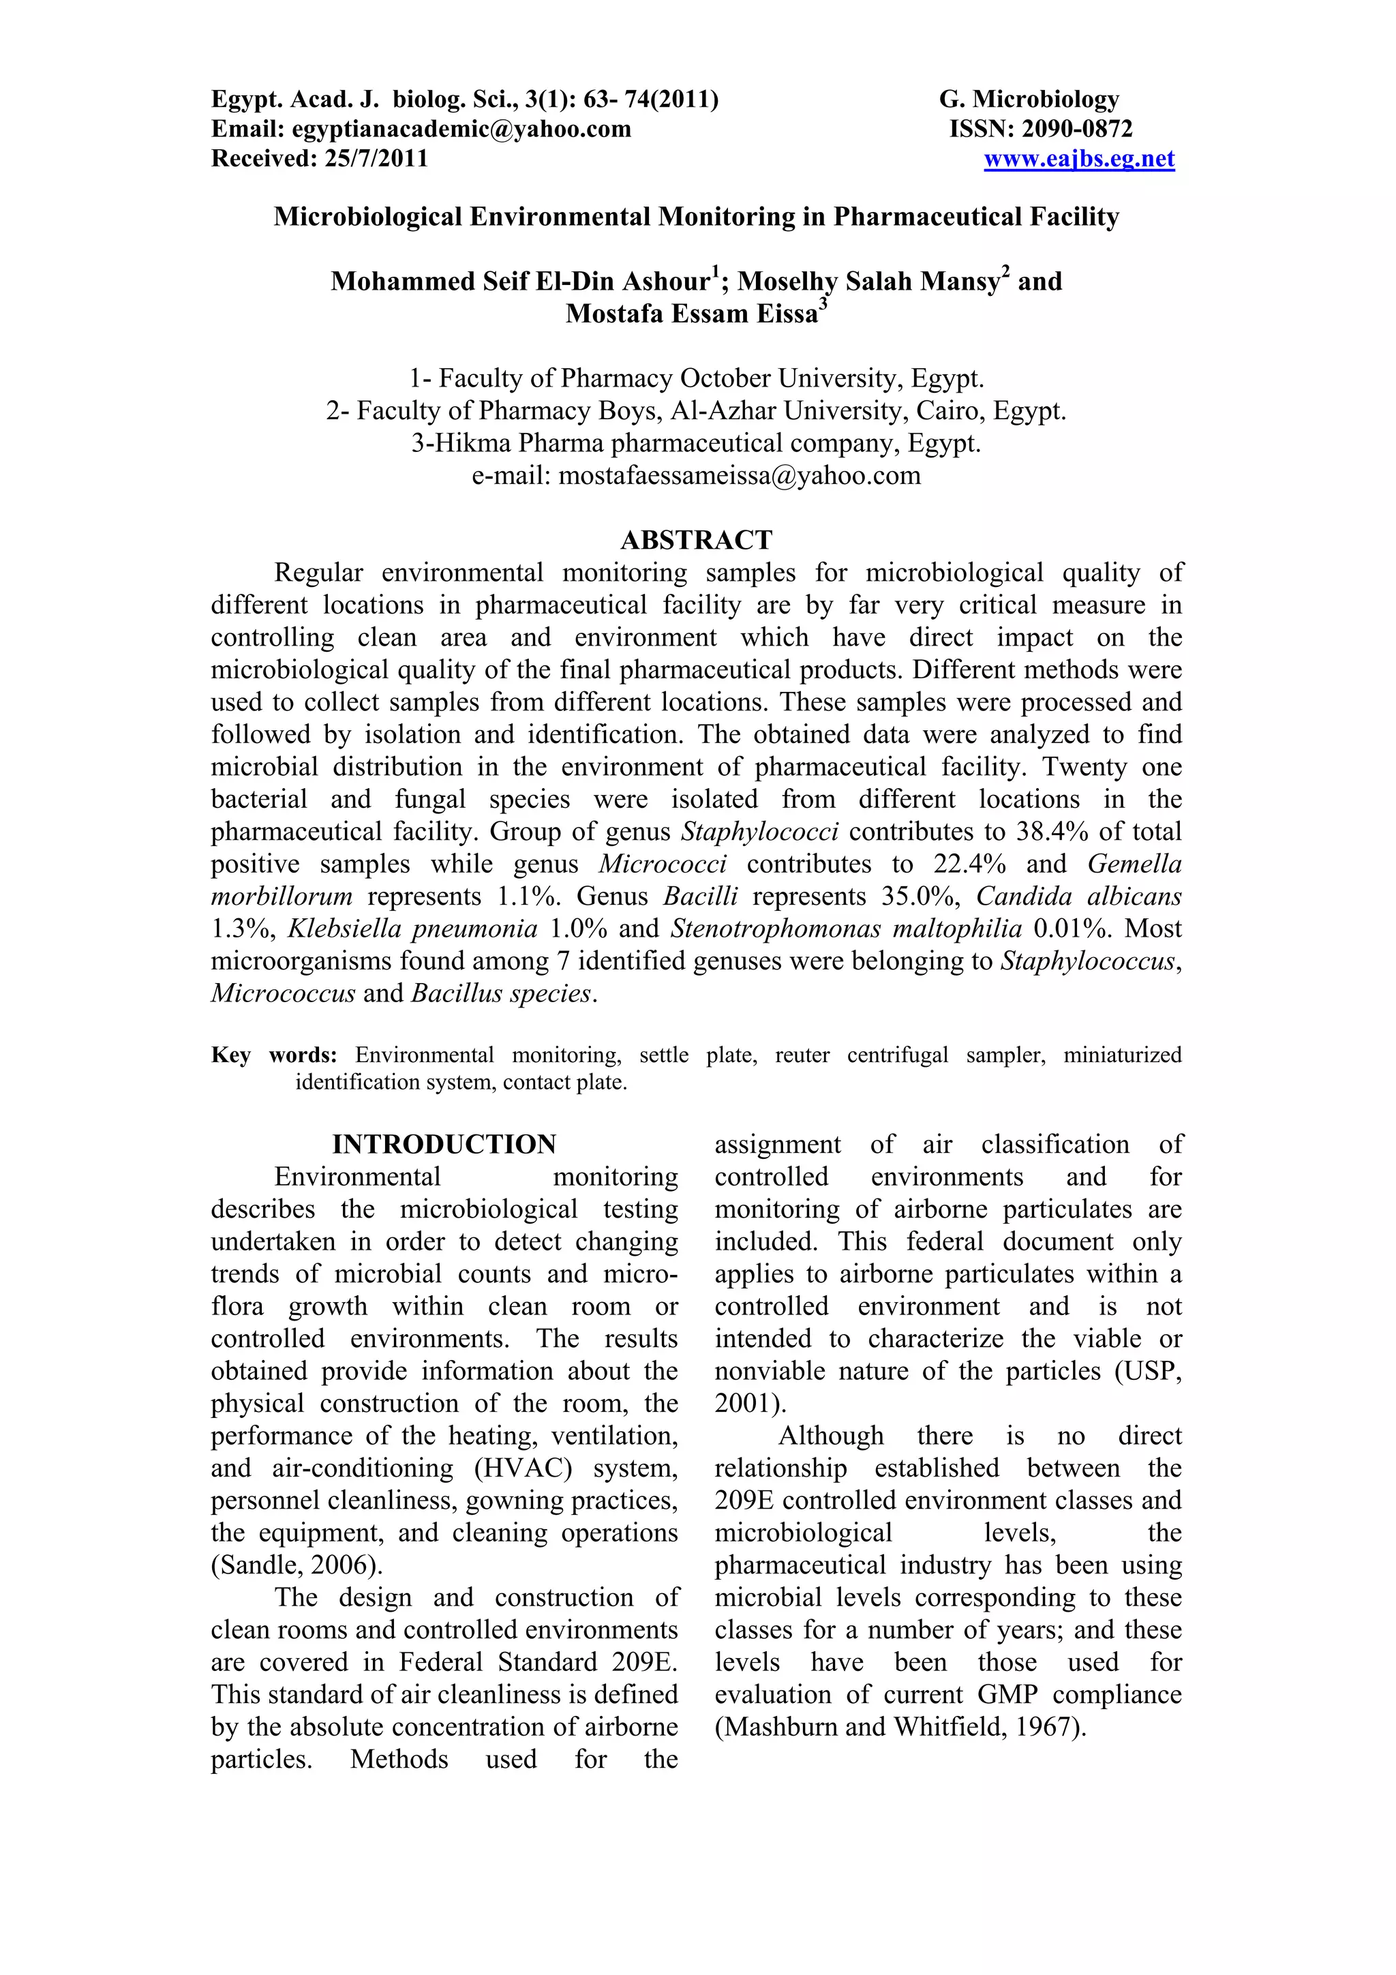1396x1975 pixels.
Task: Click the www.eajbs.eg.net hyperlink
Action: point(1078,159)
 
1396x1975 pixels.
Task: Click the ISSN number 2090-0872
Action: point(1076,129)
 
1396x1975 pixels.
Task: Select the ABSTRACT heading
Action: point(697,540)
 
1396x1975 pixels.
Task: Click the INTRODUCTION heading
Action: point(444,1144)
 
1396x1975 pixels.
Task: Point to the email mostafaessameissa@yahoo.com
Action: point(740,476)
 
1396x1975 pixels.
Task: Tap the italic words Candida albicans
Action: point(1078,896)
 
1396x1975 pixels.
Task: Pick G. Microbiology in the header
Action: point(1029,100)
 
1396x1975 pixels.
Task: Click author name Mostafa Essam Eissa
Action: point(692,314)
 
